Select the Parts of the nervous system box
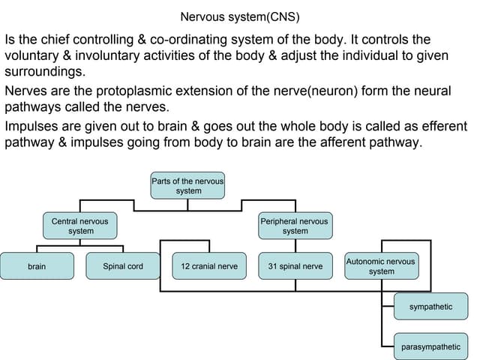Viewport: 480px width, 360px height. pyautogui.click(x=188, y=185)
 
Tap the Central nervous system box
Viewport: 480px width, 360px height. pyautogui.click(x=80, y=226)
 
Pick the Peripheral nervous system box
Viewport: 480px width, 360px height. pyautogui.click(x=295, y=226)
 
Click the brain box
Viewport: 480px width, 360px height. pyautogui.click(x=37, y=266)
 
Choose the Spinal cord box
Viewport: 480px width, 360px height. pyautogui.click(x=123, y=266)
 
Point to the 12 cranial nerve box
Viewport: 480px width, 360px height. pyautogui.click(x=209, y=266)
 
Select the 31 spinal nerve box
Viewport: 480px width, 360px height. pyautogui.click(x=295, y=266)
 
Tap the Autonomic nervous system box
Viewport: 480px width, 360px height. pyautogui.click(x=381, y=266)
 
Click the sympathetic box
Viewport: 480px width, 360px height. pyautogui.click(x=430, y=307)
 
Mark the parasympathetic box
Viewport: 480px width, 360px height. pyautogui.click(x=430, y=346)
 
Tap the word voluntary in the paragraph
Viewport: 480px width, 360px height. pyautogui.click(x=31, y=55)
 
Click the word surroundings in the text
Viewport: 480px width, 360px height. pyautogui.click(x=45, y=73)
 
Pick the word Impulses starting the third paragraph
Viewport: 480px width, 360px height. pyautogui.click(x=34, y=125)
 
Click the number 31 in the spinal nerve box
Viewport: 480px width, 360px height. pyautogui.click(x=273, y=266)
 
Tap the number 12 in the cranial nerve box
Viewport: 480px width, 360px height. pyautogui.click(x=186, y=266)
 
